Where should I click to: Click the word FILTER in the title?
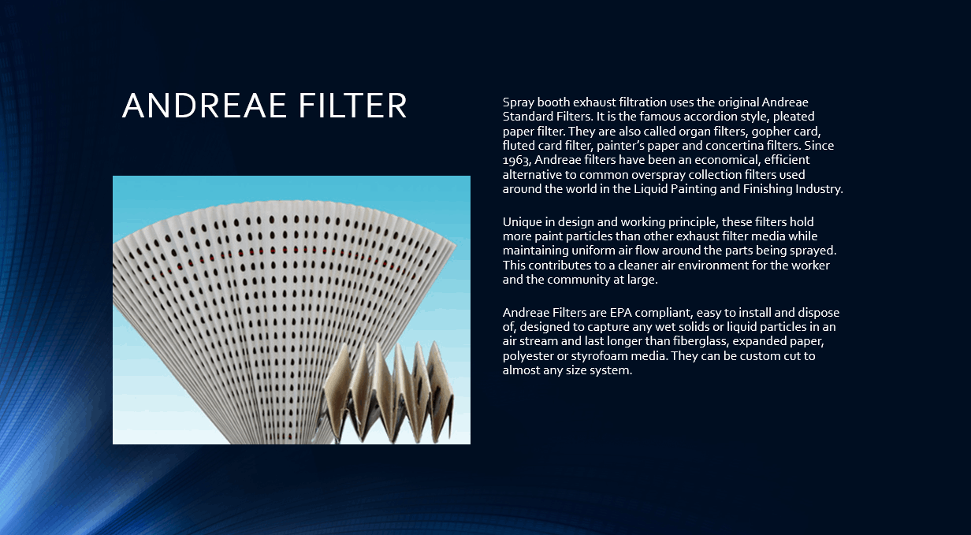(x=352, y=106)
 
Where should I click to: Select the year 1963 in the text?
(x=517, y=160)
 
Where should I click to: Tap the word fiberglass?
(x=701, y=341)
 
